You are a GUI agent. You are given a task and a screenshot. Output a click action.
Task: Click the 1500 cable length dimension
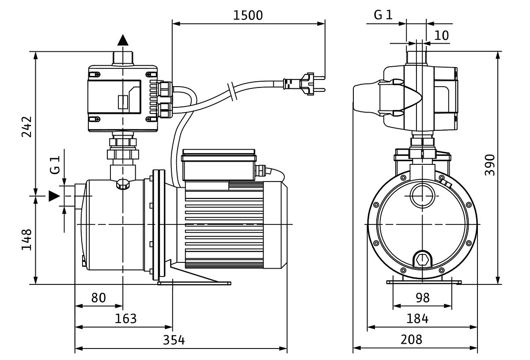248,16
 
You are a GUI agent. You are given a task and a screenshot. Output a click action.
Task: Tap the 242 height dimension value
26,127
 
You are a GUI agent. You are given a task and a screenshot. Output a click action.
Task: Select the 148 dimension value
26,239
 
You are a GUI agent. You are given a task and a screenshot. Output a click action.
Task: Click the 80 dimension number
98,298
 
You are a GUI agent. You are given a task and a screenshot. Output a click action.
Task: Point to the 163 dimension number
125,319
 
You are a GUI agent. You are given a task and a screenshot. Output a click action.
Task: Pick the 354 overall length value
174,341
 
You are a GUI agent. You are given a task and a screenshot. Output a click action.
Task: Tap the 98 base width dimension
422,298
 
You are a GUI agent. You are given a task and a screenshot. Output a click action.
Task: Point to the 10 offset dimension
441,35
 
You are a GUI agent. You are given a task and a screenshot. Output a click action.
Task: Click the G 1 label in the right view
383,15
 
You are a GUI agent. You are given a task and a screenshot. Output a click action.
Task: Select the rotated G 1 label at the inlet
54,164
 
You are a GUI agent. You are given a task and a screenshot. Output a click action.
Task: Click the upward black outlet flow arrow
123,40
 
